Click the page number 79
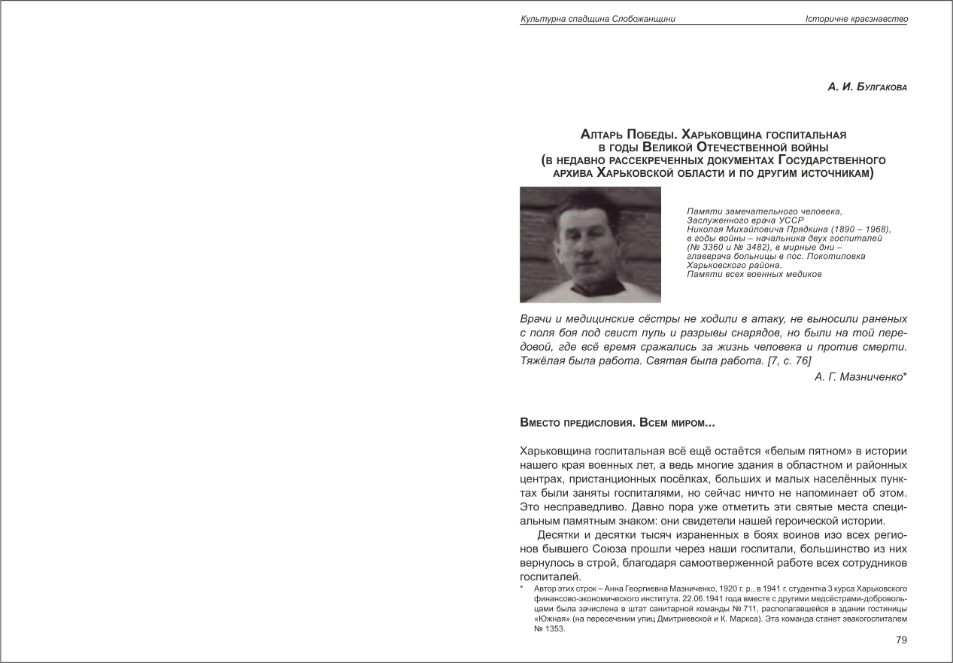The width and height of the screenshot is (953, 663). point(901,640)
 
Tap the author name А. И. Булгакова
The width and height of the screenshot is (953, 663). point(867,87)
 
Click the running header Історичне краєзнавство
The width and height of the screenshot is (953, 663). point(867,19)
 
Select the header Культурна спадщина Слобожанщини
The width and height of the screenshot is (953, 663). point(597,19)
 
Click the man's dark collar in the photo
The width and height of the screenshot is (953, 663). point(590,289)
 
